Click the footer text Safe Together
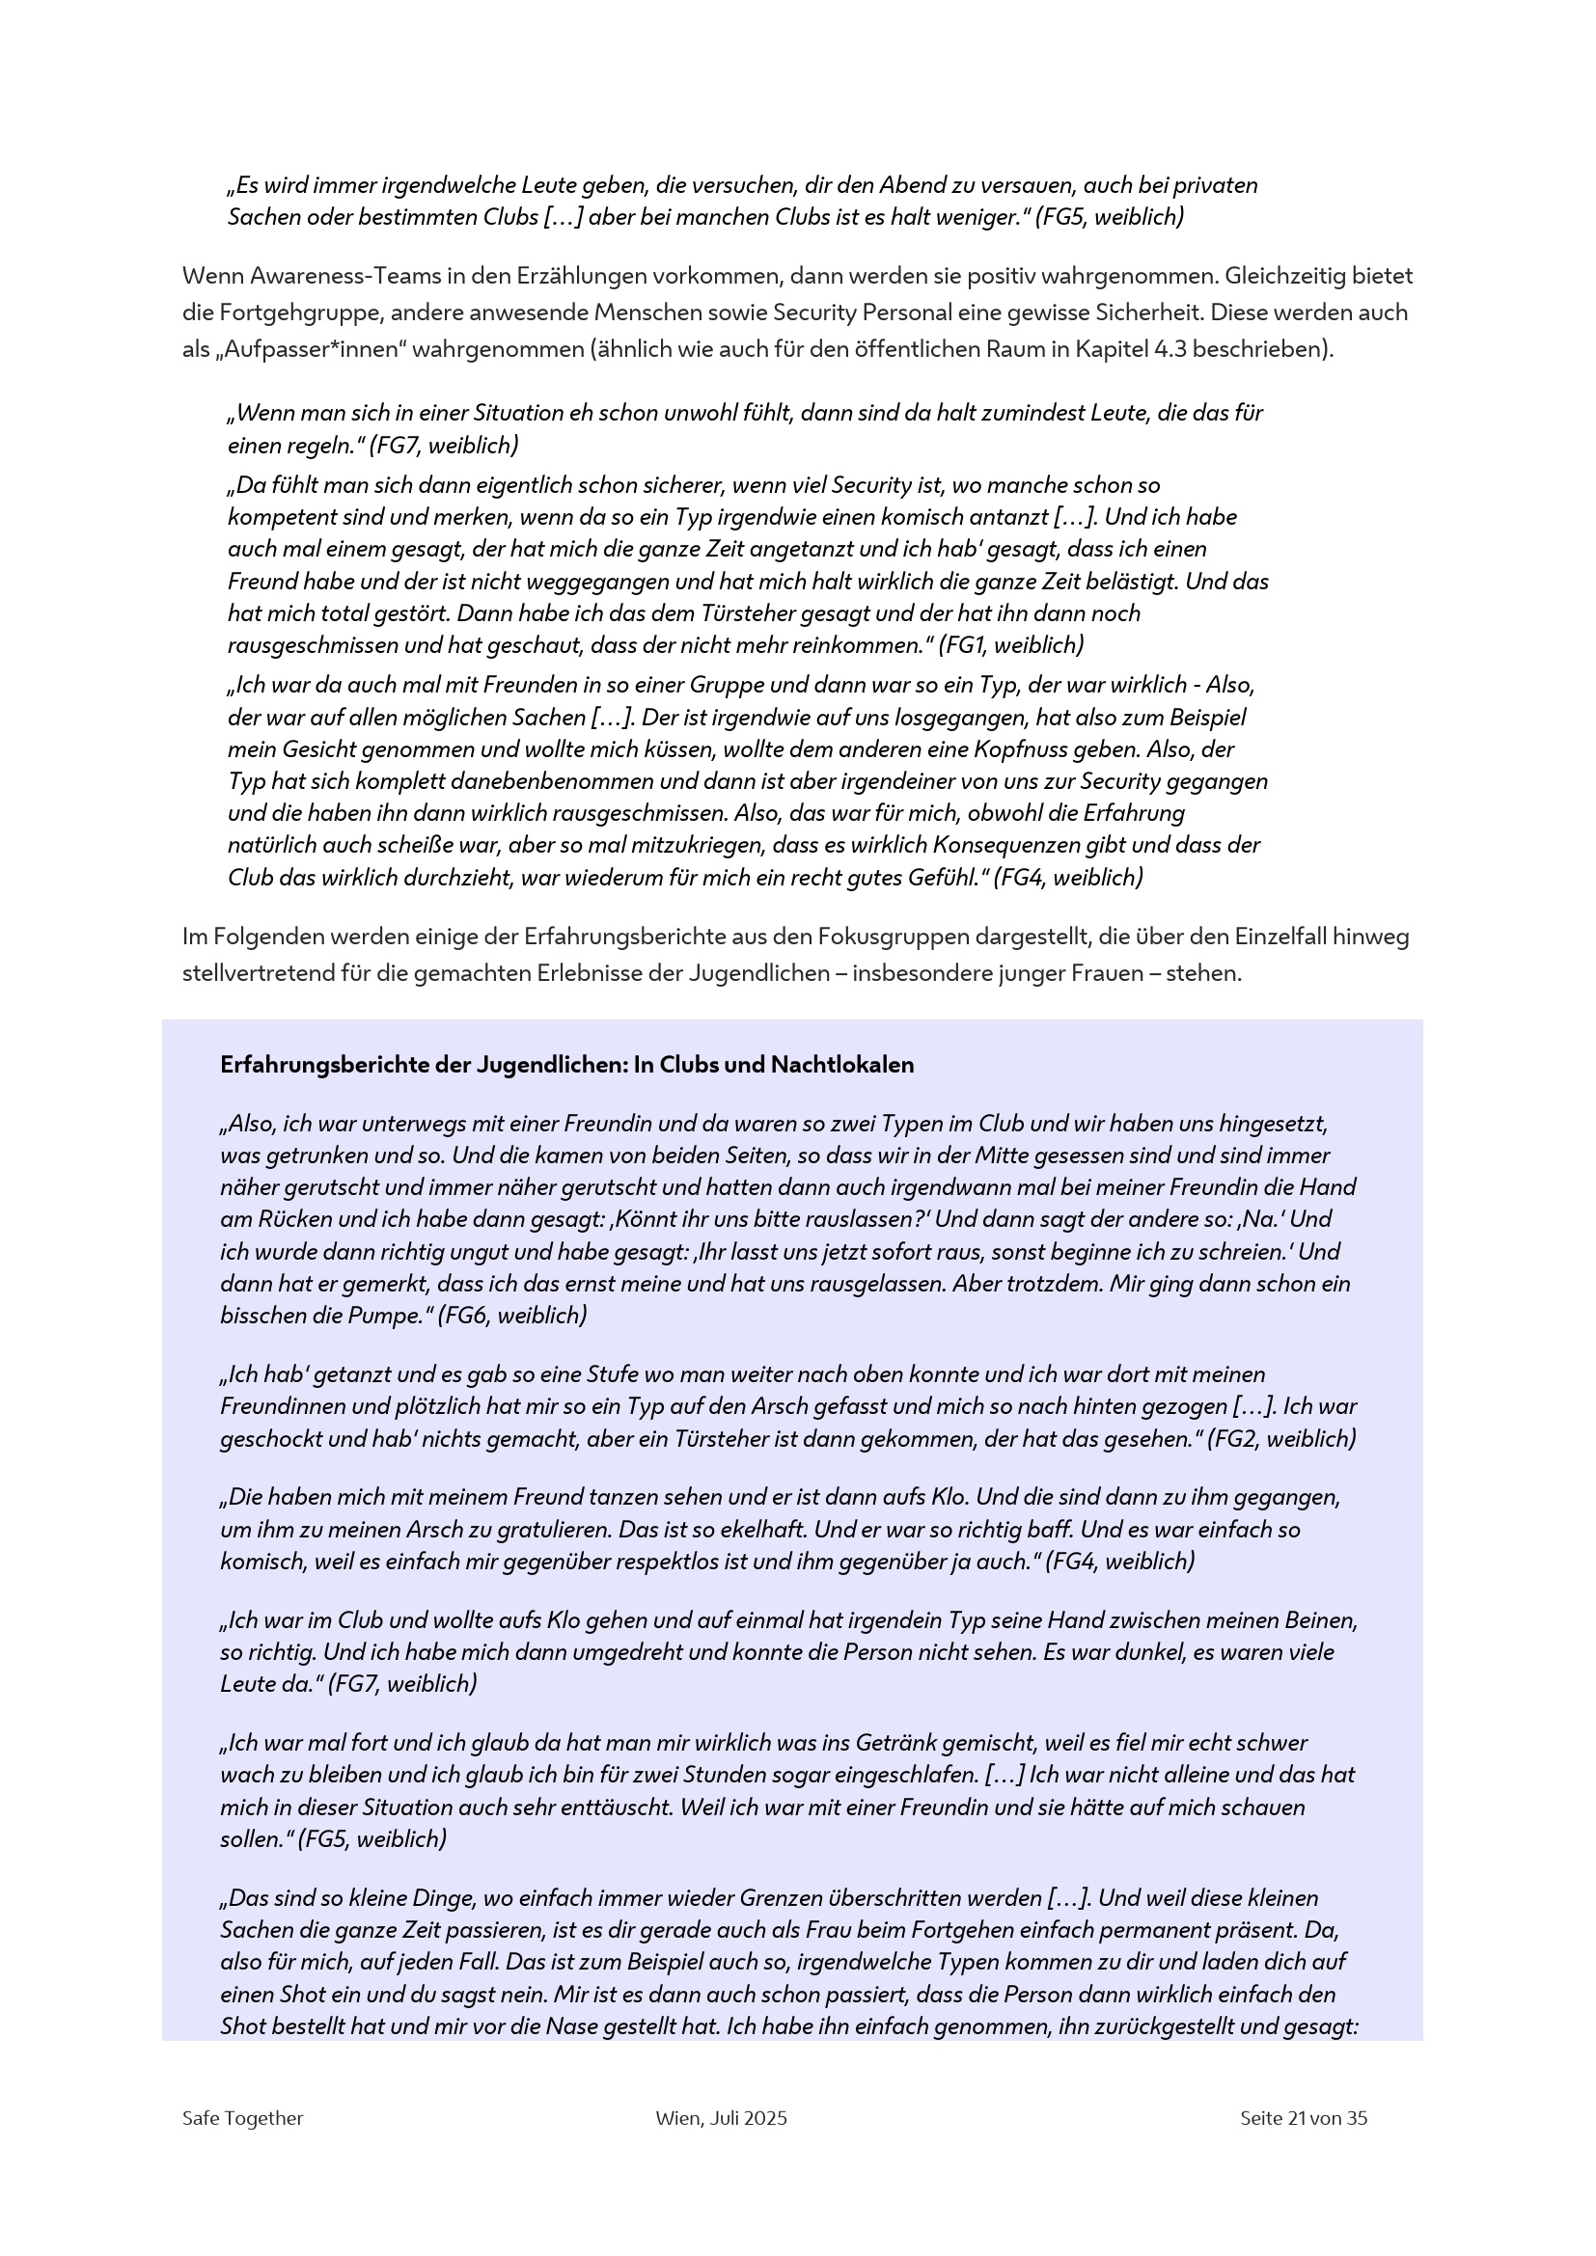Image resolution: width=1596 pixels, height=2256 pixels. coord(243,2117)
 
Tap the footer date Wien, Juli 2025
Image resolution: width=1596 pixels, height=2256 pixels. coord(722,2117)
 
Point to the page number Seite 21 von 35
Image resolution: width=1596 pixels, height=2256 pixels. coord(1303,2117)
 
